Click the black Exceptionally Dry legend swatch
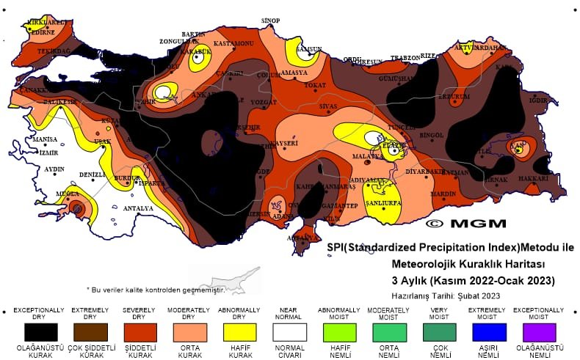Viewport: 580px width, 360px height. click(39, 332)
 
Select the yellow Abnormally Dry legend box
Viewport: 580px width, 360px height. click(239, 332)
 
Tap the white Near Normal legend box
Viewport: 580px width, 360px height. click(289, 332)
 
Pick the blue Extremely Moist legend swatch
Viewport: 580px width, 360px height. click(488, 332)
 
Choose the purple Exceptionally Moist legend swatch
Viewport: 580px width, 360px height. click(539, 332)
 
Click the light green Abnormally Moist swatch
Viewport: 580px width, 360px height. click(338, 332)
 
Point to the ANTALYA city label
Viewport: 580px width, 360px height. click(137, 209)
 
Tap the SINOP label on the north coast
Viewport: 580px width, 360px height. click(272, 21)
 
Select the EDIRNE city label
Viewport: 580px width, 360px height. click(42, 32)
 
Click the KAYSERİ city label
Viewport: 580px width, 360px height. click(286, 143)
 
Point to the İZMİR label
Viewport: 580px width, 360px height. click(49, 153)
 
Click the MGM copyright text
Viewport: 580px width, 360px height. click(466, 223)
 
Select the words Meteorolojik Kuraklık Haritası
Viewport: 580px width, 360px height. click(467, 263)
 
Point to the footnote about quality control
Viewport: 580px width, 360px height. click(155, 290)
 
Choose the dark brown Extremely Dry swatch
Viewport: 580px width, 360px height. click(89, 332)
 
